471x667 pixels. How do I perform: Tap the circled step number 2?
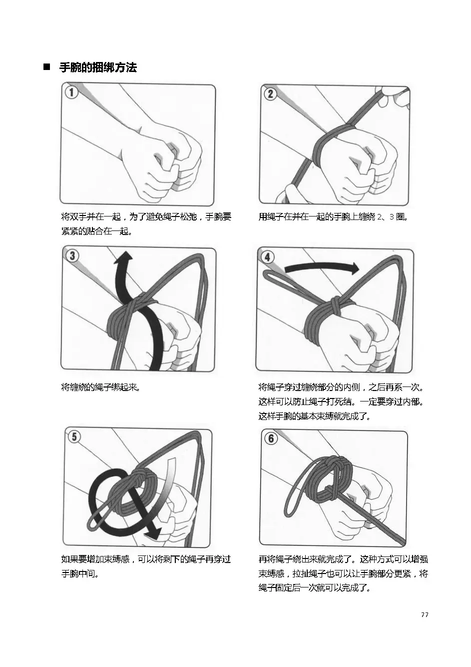(x=270, y=93)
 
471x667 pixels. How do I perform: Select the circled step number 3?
(x=72, y=256)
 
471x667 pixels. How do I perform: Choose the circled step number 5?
(x=74, y=436)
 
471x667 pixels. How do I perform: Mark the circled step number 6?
(x=271, y=438)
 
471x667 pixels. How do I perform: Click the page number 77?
(x=425, y=614)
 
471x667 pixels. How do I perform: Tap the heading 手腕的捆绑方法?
(x=98, y=67)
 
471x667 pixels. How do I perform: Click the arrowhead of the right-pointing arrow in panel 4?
(x=354, y=268)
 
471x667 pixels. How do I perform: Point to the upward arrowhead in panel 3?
(x=123, y=258)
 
